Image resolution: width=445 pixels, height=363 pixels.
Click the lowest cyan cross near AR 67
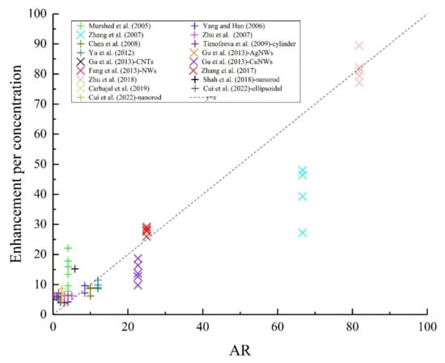303,233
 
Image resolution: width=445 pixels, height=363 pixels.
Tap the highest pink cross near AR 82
359,46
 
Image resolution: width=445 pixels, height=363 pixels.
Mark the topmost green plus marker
68,248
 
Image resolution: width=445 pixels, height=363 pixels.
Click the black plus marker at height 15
74,269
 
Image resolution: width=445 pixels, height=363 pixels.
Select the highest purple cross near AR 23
138,259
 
